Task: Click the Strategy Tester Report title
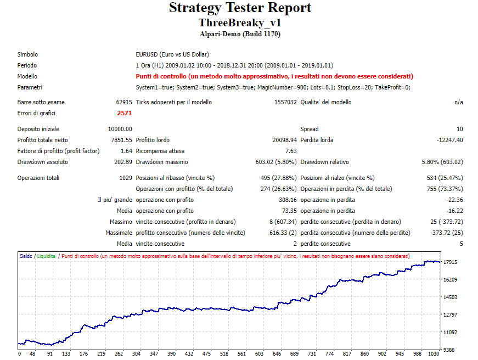tap(240, 8)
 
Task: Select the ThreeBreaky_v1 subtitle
tap(240, 23)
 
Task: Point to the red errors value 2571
tap(125, 113)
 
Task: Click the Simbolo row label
tap(27, 54)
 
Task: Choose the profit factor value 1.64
tap(126, 151)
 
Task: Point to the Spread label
tap(310, 129)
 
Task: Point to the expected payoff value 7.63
tap(291, 151)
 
